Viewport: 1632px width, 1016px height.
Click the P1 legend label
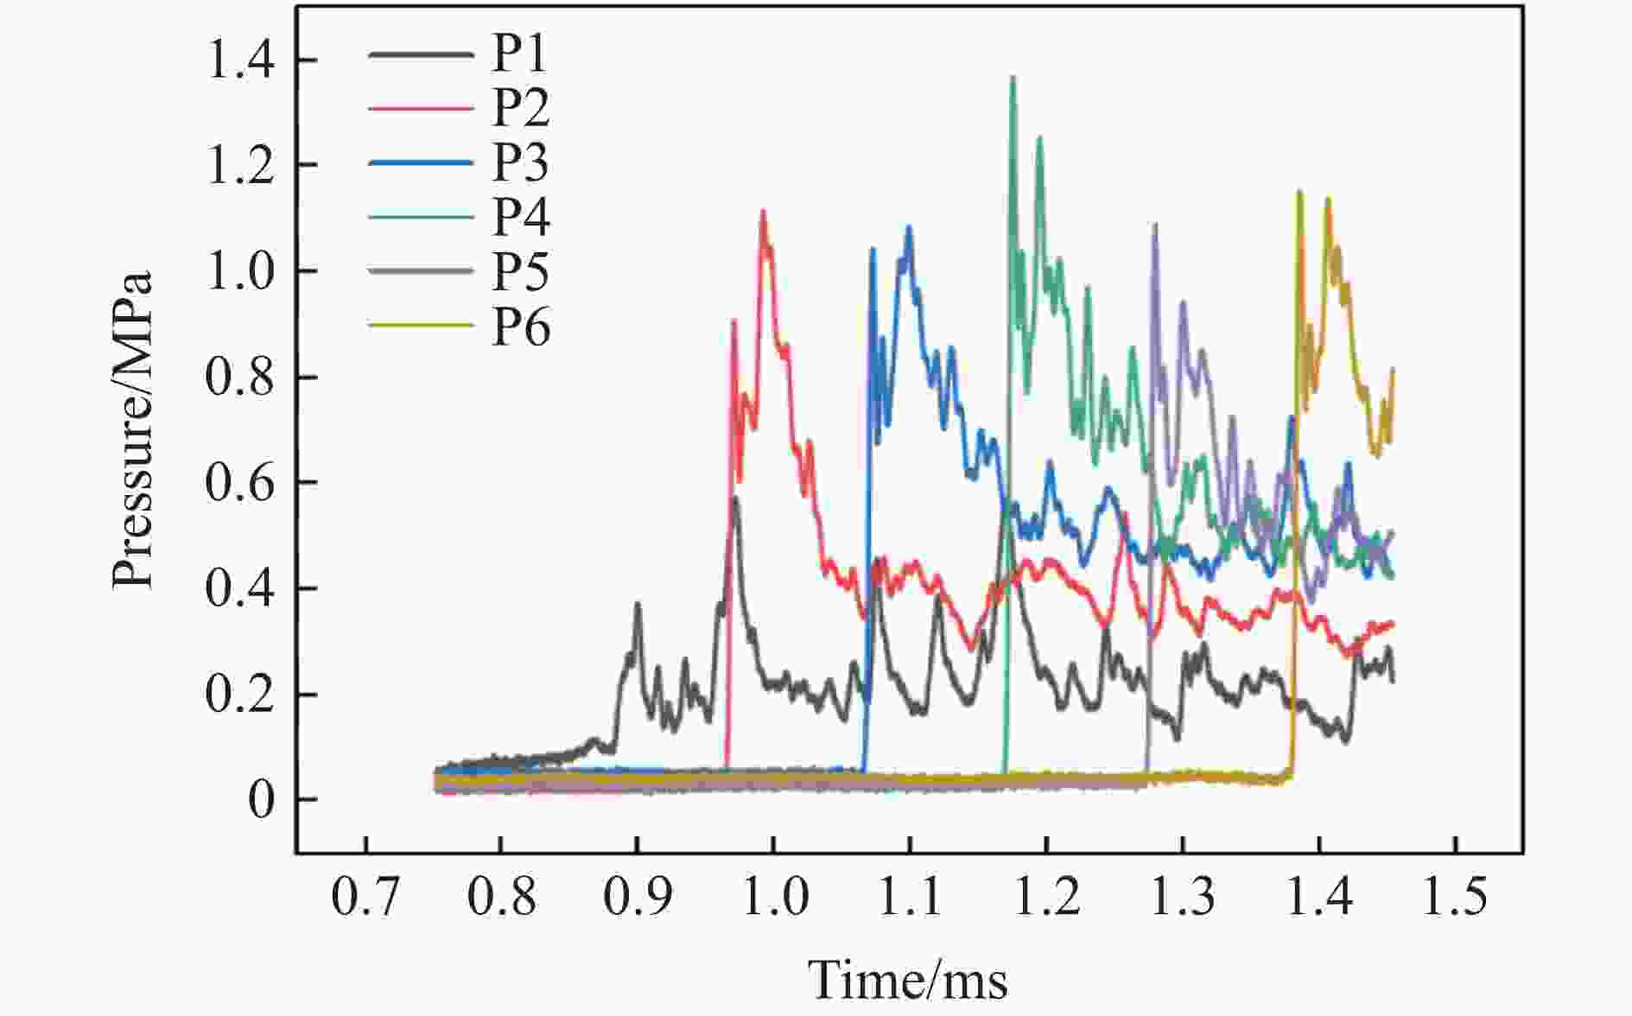point(520,54)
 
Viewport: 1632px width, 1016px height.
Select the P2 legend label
point(520,109)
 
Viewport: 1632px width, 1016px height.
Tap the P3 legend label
point(520,162)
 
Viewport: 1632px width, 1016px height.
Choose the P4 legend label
point(520,217)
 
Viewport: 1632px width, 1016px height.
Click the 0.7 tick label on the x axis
point(365,898)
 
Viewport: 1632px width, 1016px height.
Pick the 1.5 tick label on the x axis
point(1455,898)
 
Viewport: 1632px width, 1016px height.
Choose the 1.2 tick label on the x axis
point(1046,898)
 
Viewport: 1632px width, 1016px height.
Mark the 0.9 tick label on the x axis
point(637,898)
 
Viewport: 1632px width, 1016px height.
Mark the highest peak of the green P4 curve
point(1013,78)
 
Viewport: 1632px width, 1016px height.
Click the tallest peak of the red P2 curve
point(764,211)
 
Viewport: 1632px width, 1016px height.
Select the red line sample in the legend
point(421,109)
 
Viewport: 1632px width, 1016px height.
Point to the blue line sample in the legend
point(421,162)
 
